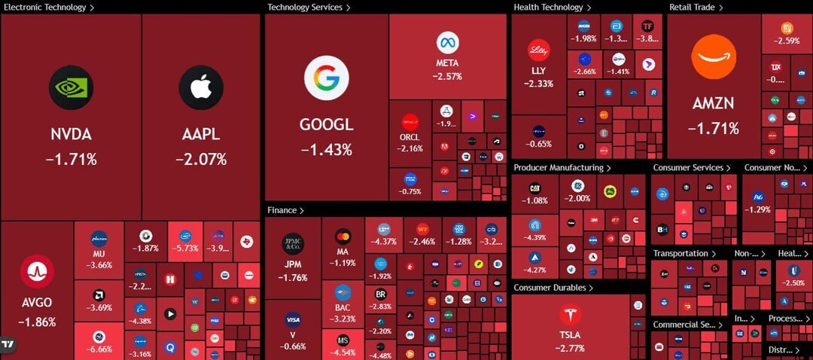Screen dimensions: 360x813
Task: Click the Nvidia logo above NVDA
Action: tap(71, 88)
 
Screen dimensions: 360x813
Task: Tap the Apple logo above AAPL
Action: tap(200, 88)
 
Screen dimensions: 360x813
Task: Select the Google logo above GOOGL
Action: tap(327, 78)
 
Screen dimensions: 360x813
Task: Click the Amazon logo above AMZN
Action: tap(714, 57)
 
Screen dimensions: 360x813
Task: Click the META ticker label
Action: tap(447, 63)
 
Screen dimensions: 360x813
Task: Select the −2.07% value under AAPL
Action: tap(200, 159)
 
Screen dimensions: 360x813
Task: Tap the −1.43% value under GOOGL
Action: tap(327, 149)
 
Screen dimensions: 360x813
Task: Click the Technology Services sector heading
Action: tap(305, 8)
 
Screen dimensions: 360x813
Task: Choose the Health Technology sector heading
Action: tap(549, 8)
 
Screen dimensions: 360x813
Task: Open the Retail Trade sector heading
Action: tap(693, 8)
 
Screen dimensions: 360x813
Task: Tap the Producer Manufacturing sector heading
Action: tap(559, 167)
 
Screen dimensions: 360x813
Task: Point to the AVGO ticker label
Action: tap(37, 303)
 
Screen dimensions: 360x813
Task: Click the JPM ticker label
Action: tap(293, 264)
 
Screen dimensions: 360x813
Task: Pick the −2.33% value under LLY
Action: tap(537, 84)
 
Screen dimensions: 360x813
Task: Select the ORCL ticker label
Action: tap(410, 137)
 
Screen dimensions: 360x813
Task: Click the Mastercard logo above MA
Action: tap(343, 236)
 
